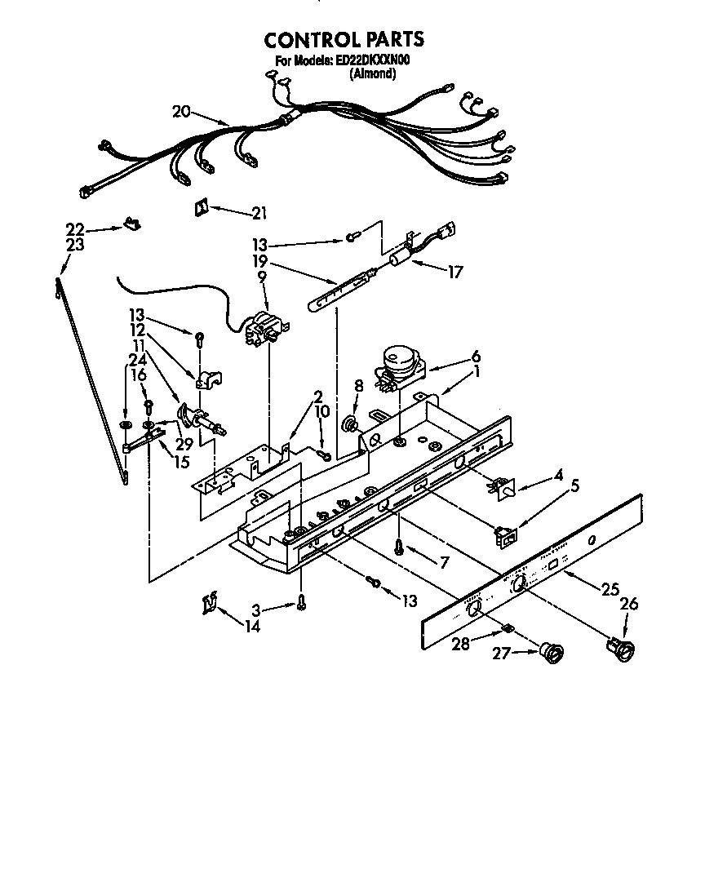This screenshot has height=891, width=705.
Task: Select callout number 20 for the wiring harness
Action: pyautogui.click(x=181, y=112)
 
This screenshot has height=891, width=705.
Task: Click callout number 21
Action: pyautogui.click(x=259, y=214)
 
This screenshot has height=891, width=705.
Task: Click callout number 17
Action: pyautogui.click(x=454, y=273)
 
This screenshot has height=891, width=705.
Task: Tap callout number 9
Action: pyautogui.click(x=262, y=277)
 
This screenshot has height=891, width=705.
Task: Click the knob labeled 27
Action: pyautogui.click(x=553, y=652)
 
